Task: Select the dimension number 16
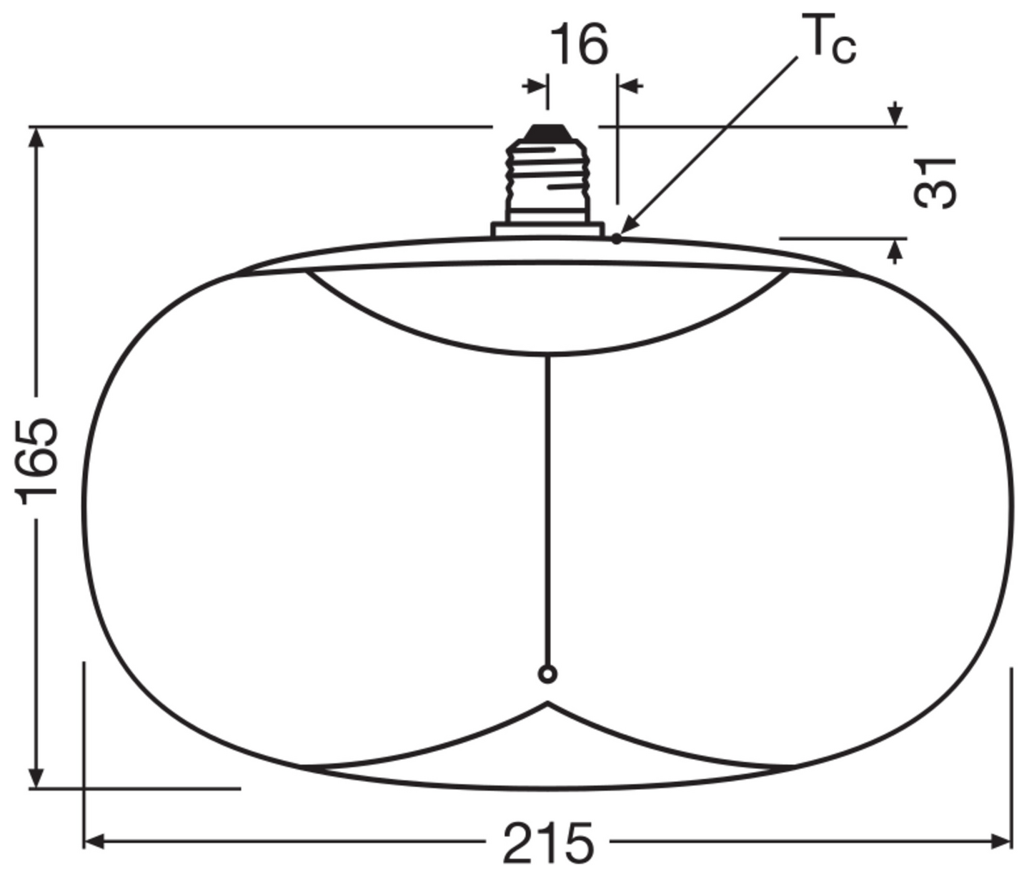(579, 45)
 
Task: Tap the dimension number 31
(935, 183)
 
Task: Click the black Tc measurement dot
(616, 239)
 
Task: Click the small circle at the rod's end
(547, 675)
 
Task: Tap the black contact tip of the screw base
(548, 133)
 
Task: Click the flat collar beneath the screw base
(547, 229)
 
